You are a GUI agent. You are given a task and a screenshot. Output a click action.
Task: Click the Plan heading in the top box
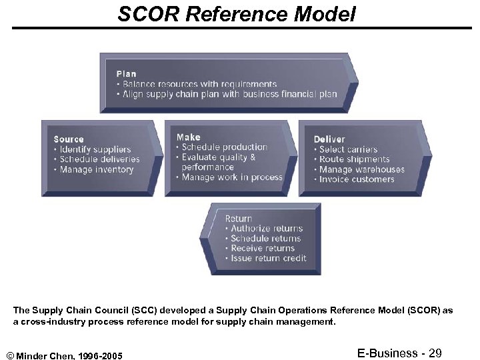[x=126, y=74]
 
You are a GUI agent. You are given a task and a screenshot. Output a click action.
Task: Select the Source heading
[x=69, y=139]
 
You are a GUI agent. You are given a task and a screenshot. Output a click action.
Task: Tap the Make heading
[x=188, y=137]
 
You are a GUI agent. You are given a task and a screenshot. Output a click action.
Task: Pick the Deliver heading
[x=329, y=139]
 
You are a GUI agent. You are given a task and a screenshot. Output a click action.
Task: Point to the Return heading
[x=239, y=218]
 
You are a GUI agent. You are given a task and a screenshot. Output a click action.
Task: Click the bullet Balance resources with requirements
[x=198, y=85]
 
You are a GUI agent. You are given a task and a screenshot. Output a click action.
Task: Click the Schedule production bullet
[x=224, y=147]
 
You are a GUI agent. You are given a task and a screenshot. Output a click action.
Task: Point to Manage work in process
[x=231, y=177]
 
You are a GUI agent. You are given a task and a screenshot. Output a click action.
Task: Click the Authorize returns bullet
[x=266, y=228]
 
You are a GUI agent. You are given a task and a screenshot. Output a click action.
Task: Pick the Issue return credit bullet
[x=268, y=258]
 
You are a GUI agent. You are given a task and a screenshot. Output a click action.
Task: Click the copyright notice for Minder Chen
[x=65, y=353]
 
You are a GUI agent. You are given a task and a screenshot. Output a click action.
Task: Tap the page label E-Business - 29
[x=399, y=353]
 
